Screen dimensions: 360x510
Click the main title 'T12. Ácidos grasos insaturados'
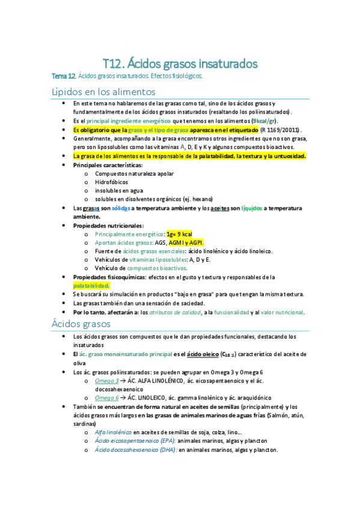coord(180,63)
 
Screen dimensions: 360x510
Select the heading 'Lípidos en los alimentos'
coord(103,91)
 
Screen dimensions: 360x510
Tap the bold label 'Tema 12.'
coord(64,76)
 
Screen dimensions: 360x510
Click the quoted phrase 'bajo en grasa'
coord(197,294)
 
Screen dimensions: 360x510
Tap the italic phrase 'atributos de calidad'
coord(175,312)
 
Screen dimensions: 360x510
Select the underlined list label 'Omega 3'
coord(107,380)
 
